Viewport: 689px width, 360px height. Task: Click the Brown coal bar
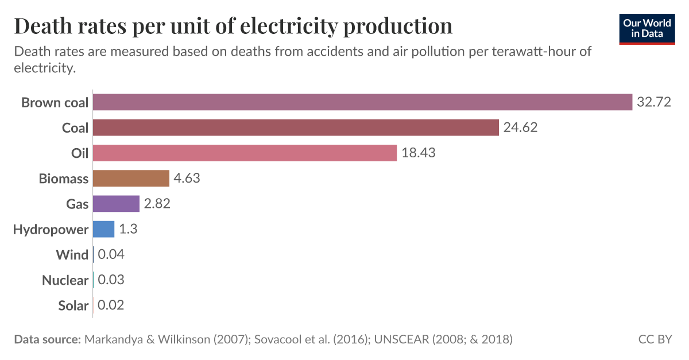click(x=362, y=102)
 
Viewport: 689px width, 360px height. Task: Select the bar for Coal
click(x=295, y=127)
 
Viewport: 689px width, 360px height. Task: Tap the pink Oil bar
click(x=245, y=153)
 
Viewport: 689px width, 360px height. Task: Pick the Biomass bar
click(x=131, y=178)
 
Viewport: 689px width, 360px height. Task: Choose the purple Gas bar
click(x=116, y=204)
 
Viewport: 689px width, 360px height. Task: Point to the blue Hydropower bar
click(x=103, y=229)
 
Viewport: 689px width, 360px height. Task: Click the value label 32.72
click(x=653, y=102)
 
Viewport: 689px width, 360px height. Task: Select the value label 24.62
click(x=520, y=127)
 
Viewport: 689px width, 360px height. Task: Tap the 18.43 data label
click(x=419, y=153)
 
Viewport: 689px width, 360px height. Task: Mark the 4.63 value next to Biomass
click(x=187, y=178)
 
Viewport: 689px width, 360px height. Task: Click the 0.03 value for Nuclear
click(x=111, y=280)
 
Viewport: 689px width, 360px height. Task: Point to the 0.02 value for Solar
click(x=111, y=305)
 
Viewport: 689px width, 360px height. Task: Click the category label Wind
click(x=72, y=254)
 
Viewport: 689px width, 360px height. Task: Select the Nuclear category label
click(x=65, y=280)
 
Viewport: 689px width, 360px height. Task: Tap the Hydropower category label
click(x=51, y=230)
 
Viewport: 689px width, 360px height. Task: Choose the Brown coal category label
click(x=55, y=103)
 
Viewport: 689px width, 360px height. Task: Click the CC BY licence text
click(x=655, y=339)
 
